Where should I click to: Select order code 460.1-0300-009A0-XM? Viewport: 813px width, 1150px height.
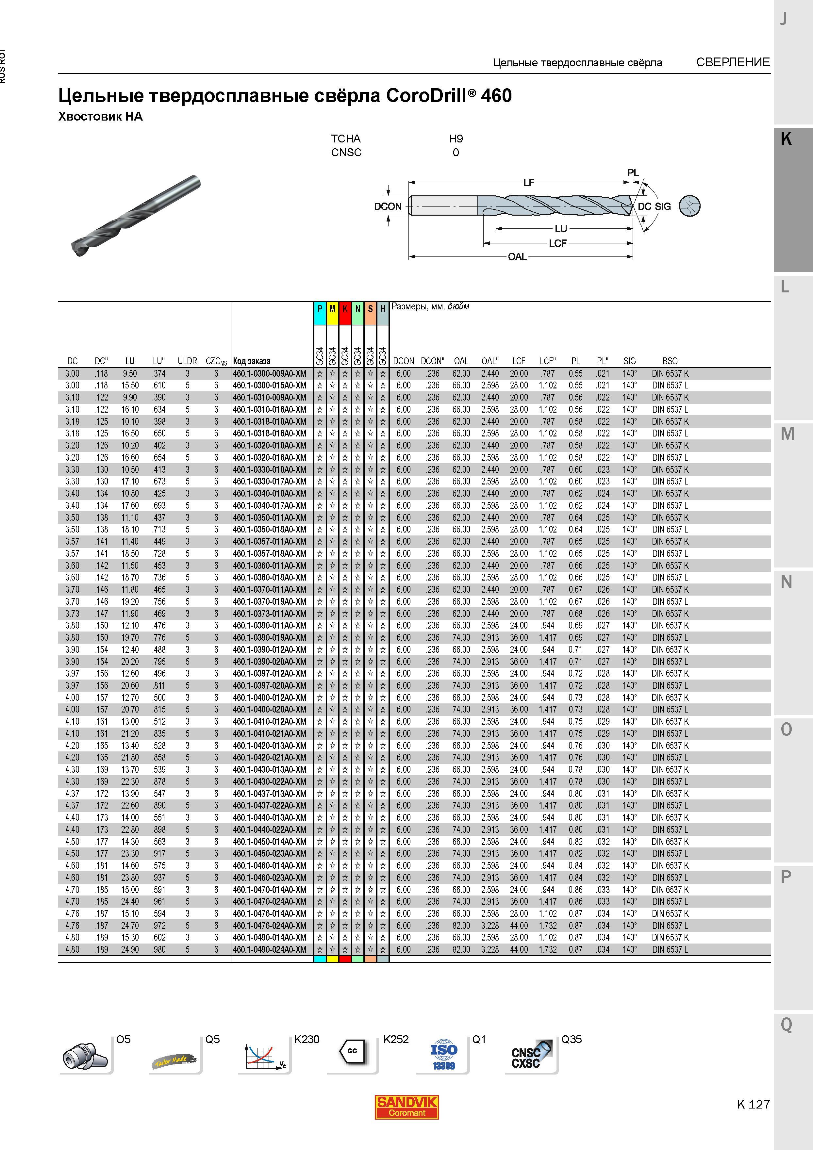270,374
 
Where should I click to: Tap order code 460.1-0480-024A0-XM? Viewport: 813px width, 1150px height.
270,949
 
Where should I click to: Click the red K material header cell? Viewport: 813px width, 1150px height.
345,309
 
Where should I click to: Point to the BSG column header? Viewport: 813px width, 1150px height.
670,361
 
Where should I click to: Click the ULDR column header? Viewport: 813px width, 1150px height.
187,361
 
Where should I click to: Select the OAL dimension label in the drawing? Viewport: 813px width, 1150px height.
518,256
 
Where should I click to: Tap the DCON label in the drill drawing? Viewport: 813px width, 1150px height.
388,206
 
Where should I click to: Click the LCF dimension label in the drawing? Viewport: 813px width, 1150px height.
557,243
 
